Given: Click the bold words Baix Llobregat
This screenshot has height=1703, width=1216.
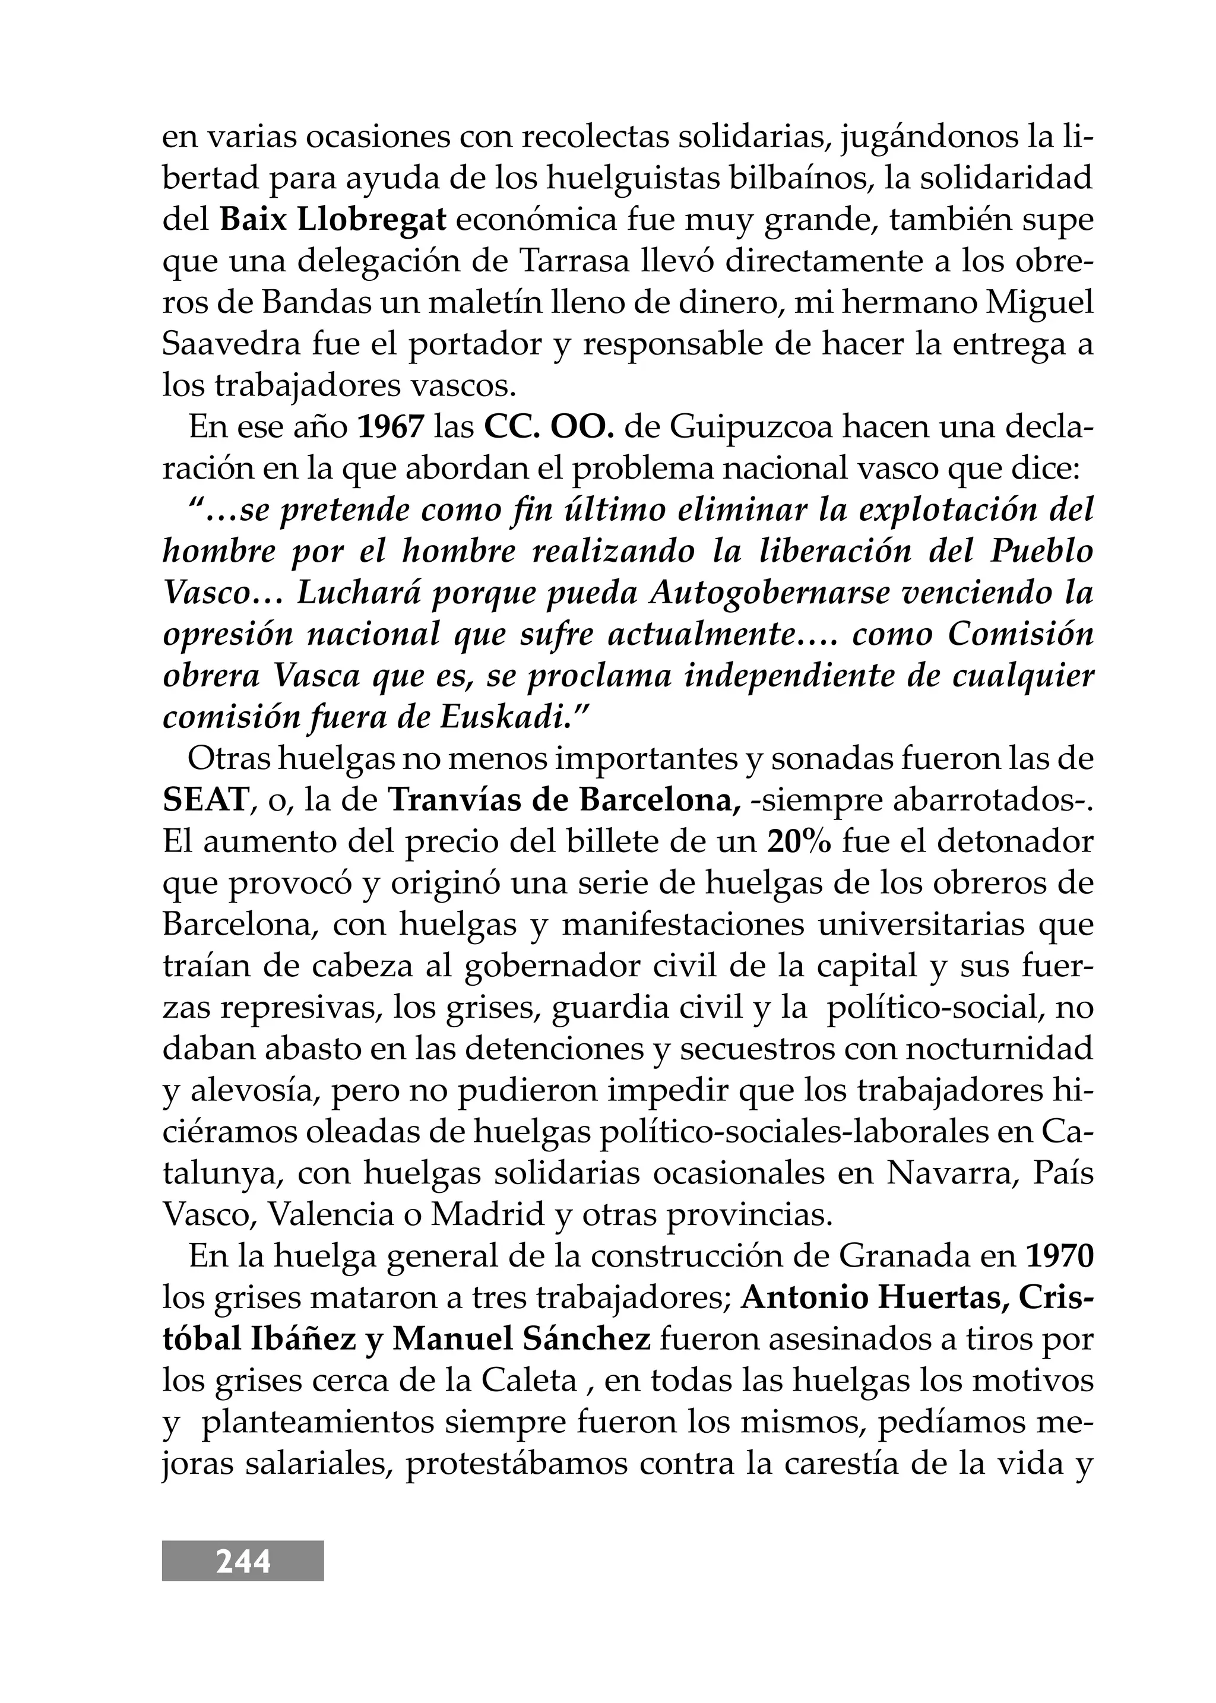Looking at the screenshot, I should [x=332, y=221].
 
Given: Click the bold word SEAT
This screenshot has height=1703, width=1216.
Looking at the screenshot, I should [x=205, y=800].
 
